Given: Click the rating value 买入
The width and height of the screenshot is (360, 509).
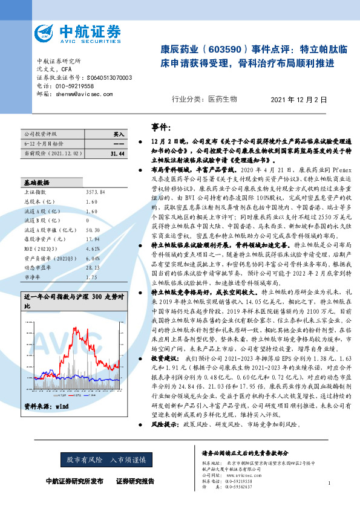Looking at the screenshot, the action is point(119,134).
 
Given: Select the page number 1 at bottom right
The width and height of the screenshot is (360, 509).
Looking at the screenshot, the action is point(329,483).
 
